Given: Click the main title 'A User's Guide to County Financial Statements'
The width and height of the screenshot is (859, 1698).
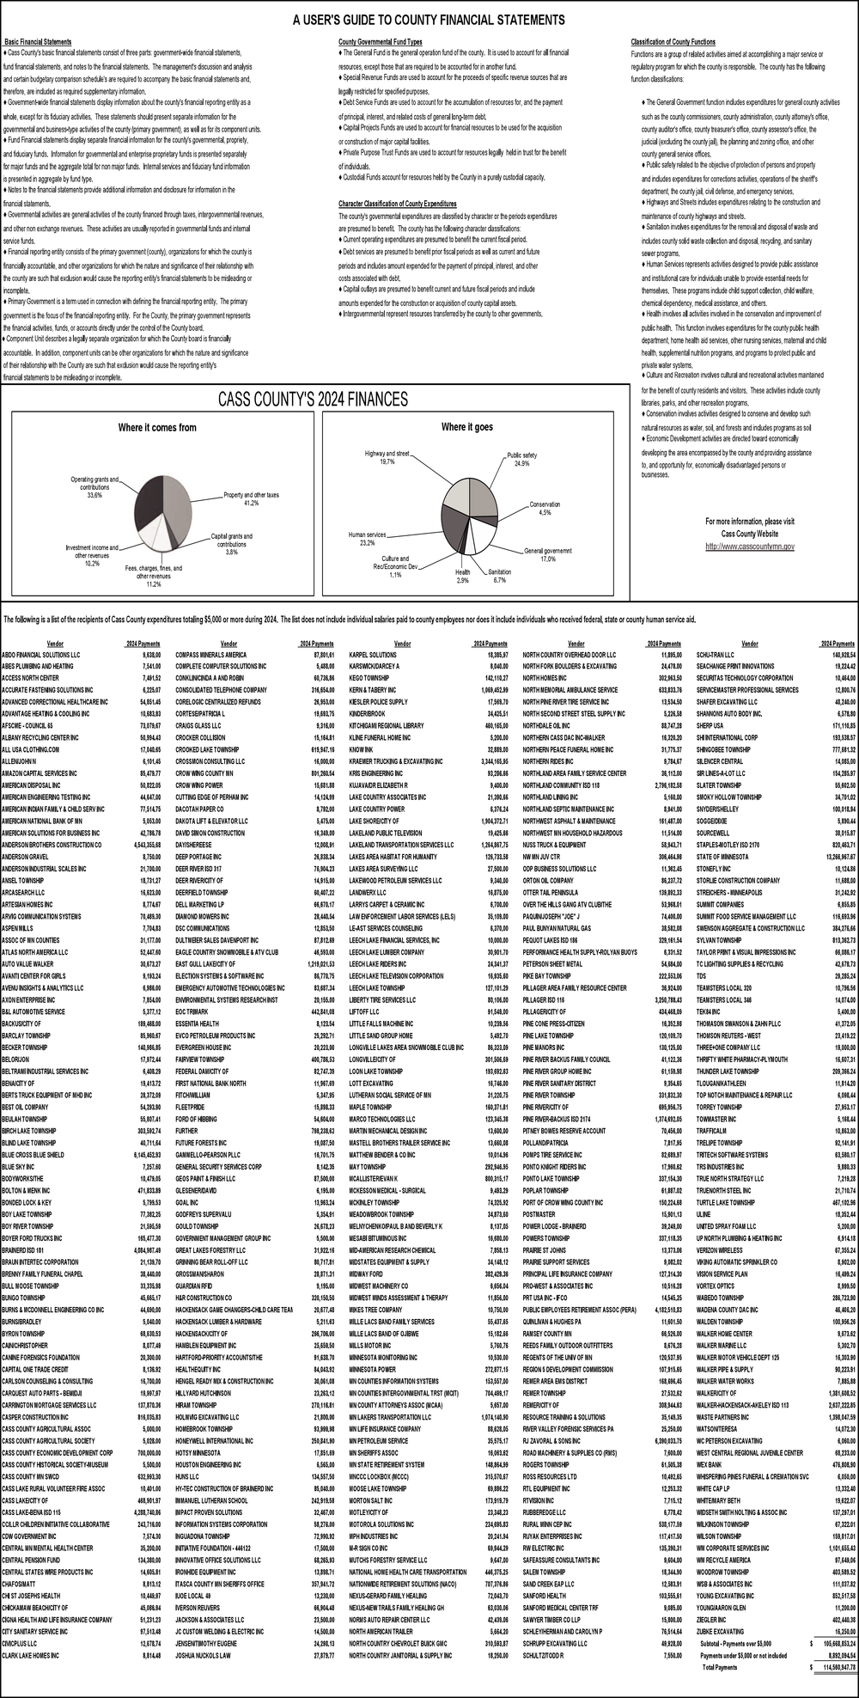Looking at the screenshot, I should (x=429, y=20).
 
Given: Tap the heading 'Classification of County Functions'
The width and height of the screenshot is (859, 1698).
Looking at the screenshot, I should (x=673, y=42).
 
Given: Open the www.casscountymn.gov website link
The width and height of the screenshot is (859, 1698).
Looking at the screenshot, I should (x=750, y=546).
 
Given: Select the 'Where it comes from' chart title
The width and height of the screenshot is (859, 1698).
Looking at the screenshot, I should (x=156, y=427).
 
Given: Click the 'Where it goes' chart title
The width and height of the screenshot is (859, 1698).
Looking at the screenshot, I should (x=466, y=427).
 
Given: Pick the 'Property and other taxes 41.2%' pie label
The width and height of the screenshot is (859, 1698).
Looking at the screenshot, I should (x=251, y=498).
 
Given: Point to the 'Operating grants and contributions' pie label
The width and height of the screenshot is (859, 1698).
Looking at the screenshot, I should (x=94, y=486).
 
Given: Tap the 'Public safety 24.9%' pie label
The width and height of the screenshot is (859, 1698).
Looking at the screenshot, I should (x=521, y=459).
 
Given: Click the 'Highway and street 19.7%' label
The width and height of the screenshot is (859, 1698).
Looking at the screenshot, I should (x=387, y=457).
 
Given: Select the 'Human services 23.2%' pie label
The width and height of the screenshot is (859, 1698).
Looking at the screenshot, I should (x=367, y=539).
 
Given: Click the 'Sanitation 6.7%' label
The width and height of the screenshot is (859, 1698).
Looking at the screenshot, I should (x=499, y=575).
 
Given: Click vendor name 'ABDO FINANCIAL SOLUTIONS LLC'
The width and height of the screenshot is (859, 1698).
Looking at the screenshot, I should (x=40, y=654).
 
